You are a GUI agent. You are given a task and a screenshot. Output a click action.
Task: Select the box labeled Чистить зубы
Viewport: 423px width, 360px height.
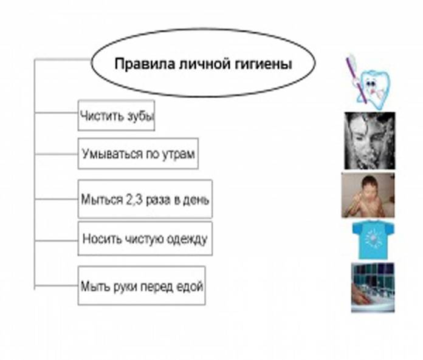point(115,115)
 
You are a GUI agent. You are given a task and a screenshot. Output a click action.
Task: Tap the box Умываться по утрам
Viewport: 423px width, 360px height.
point(138,154)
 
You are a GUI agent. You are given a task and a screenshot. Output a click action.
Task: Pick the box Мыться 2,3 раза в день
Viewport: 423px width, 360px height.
point(145,199)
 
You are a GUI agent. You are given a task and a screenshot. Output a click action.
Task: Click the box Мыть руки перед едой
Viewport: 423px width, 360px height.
point(142,285)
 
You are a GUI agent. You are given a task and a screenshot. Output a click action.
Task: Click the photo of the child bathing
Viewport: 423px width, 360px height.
point(368,195)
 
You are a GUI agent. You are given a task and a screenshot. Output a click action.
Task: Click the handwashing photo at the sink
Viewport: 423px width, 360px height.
point(373,287)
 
